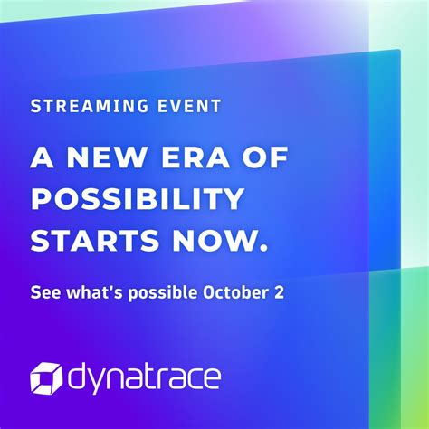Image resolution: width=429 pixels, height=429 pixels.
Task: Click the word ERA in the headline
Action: tap(197, 159)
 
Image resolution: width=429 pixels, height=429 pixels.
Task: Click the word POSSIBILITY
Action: tap(136, 199)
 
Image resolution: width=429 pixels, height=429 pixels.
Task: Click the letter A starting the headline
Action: tap(41, 159)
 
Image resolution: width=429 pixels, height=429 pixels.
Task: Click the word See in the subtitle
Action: tap(44, 293)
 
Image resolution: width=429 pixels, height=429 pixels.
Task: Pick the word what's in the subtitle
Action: tap(94, 293)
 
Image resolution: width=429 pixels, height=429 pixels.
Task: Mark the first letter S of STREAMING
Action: tap(35, 107)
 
